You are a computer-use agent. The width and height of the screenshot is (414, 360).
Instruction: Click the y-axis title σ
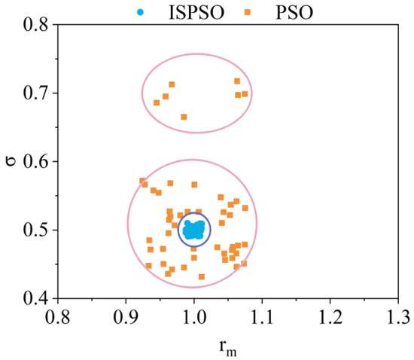coord(11,160)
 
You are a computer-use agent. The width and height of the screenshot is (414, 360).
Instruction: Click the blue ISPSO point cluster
coord(193,230)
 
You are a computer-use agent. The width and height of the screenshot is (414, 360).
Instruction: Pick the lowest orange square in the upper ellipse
coord(184,117)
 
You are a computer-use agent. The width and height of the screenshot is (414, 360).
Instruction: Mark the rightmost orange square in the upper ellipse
coord(245,94)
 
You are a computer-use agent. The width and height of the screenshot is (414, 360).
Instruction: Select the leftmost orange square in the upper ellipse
coord(157,102)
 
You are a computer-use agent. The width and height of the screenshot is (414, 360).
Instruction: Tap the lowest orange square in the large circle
coord(201,276)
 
